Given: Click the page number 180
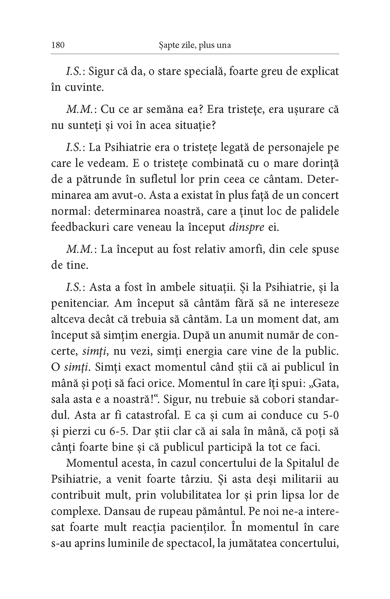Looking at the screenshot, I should click(58, 45).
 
